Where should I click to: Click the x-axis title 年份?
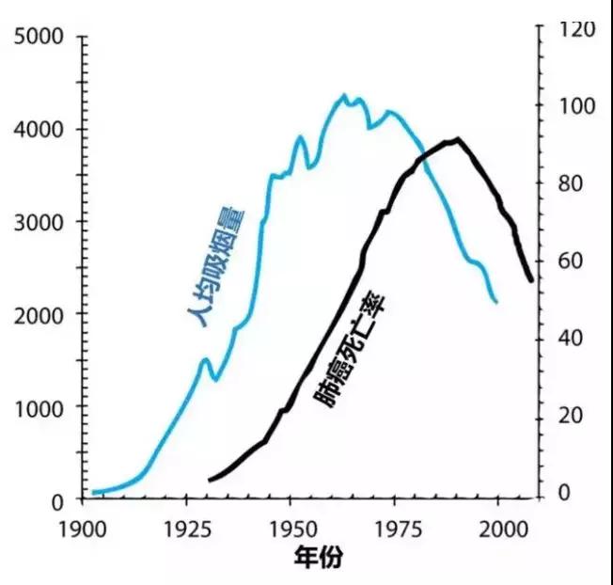point(316,557)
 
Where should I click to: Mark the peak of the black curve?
point(458,139)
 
